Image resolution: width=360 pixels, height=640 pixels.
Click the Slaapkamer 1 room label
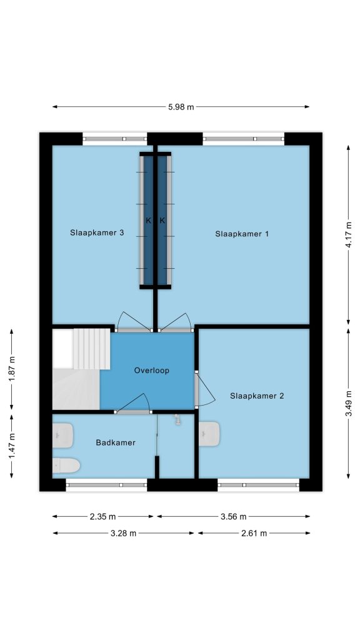coord(242,234)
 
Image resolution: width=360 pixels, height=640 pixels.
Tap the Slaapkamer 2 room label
coord(257,396)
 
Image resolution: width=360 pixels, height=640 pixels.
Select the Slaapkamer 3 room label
coord(97,233)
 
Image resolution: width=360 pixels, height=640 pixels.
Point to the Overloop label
coord(151,371)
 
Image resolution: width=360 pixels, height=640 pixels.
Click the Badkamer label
coord(116,442)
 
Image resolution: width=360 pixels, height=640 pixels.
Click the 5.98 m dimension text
coord(181,107)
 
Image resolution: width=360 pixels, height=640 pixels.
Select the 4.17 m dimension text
coord(348,235)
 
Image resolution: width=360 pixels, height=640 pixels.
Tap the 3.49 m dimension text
coord(348,403)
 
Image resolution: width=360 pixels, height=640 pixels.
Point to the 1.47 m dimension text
coord(12,446)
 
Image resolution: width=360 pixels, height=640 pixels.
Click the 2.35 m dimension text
coord(102,517)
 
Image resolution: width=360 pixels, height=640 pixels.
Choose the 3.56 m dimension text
coord(234,517)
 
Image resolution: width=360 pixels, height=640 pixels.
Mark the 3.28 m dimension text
coord(123,533)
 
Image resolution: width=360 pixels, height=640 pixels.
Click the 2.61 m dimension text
coord(254,533)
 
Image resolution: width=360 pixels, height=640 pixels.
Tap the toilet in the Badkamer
coord(66,465)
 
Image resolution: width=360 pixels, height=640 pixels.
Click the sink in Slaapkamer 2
coord(209,434)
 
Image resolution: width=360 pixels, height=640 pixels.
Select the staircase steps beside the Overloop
coord(91,349)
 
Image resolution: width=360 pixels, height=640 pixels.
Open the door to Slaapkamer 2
coord(204,390)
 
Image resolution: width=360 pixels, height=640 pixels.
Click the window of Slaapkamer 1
coord(243,139)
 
